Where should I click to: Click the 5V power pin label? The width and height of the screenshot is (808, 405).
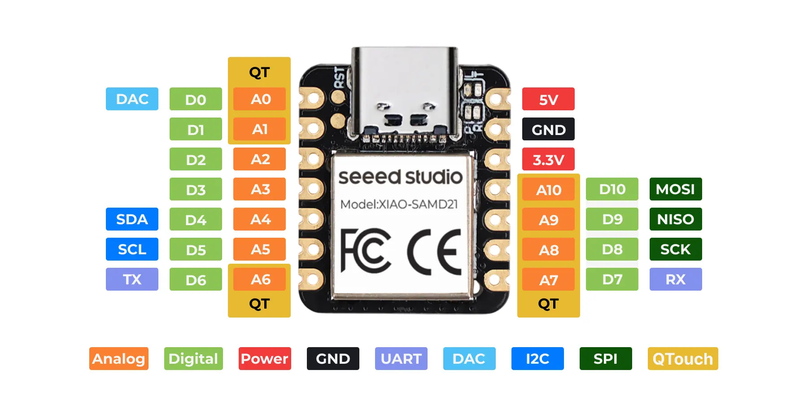[x=548, y=99]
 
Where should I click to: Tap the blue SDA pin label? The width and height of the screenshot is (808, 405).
[x=132, y=219]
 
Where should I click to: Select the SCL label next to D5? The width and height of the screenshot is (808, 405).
[x=132, y=249]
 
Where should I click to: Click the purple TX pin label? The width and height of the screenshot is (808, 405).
[x=132, y=279]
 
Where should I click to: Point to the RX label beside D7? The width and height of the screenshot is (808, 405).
[x=675, y=279]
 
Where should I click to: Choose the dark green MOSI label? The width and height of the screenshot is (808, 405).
[x=675, y=189]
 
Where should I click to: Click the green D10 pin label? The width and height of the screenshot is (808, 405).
[x=612, y=189]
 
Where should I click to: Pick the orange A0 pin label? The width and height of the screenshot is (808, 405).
[x=260, y=99]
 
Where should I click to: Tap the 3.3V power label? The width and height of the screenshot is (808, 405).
[x=548, y=159]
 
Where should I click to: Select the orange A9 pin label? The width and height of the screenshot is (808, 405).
[x=548, y=219]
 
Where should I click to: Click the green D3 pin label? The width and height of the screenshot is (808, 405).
[x=196, y=189]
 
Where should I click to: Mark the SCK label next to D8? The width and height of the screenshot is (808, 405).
[x=675, y=249]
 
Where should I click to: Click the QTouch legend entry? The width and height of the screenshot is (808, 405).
[x=682, y=359]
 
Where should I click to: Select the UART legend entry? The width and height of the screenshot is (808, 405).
[x=401, y=359]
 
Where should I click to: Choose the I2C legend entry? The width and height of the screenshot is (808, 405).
[x=537, y=359]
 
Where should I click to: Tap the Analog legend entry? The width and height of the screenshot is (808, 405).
[x=118, y=359]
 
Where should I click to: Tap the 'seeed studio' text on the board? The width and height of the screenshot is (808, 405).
[x=400, y=177]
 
